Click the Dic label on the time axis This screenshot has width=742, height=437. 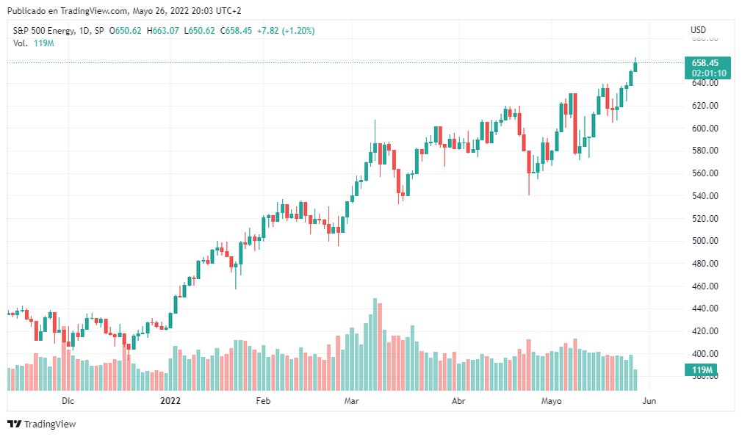[68, 401]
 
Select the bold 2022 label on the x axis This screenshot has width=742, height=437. [170, 401]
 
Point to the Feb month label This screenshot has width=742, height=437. [263, 401]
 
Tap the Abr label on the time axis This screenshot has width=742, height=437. [458, 401]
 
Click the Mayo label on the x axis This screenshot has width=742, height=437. [551, 401]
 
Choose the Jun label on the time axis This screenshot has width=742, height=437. [649, 401]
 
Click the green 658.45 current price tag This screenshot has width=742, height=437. [706, 63]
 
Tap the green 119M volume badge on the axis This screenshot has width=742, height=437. [703, 369]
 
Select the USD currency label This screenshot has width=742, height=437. [698, 30]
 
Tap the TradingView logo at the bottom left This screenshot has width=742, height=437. [42, 424]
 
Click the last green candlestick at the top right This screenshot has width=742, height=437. [635, 67]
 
